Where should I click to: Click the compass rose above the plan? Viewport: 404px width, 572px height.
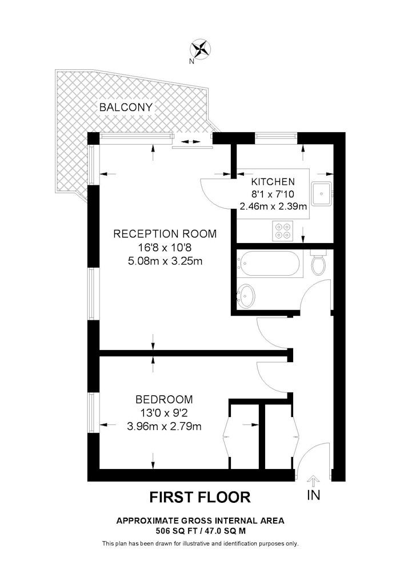201,49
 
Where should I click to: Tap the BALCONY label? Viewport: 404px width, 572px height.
126,108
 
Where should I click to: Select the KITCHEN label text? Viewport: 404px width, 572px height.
273,181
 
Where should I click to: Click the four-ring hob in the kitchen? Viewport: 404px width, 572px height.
283,231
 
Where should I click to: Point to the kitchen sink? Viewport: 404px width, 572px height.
322,193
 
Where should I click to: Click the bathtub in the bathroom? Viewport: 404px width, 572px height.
269,263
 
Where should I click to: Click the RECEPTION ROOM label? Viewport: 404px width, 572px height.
165,234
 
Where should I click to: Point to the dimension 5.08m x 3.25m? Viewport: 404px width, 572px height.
165,261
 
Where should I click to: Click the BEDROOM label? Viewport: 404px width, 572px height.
164,399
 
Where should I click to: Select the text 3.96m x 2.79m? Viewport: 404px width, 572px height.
165,426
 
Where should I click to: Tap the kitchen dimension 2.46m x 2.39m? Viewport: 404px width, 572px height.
273,206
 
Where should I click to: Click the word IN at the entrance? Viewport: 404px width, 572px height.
314,495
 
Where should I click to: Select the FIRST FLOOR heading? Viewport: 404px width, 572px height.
201,497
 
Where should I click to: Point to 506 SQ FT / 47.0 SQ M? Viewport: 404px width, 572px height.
201,530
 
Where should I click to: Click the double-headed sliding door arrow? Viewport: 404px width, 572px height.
190,141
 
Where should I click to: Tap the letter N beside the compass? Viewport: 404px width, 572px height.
191,62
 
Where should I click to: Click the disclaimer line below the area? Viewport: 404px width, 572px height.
201,543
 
